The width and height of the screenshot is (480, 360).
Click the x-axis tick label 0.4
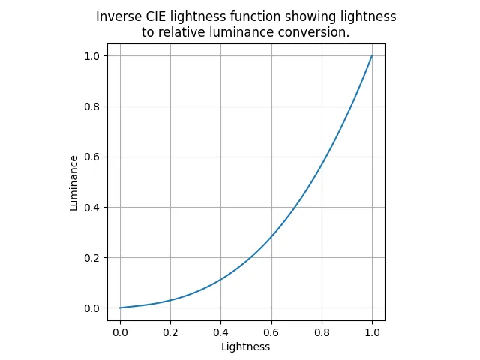220,332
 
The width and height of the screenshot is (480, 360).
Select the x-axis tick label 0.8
322,332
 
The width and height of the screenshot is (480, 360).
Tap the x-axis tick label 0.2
170,332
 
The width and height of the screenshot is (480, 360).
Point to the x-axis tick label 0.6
271,332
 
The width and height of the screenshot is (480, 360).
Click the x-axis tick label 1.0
372,332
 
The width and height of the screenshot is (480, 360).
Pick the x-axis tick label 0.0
120,332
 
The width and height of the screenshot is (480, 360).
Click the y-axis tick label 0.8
91,106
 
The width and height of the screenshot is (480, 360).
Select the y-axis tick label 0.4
91,208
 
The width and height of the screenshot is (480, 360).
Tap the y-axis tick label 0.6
91,157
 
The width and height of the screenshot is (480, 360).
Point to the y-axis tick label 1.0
91,56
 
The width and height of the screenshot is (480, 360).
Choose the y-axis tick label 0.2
91,258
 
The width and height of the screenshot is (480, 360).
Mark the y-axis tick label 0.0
91,308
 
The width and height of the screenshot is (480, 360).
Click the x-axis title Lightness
246,346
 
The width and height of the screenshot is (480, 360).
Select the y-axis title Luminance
73,183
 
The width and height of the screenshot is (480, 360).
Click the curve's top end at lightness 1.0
372,55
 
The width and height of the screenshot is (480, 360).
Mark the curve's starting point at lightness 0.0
120,307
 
